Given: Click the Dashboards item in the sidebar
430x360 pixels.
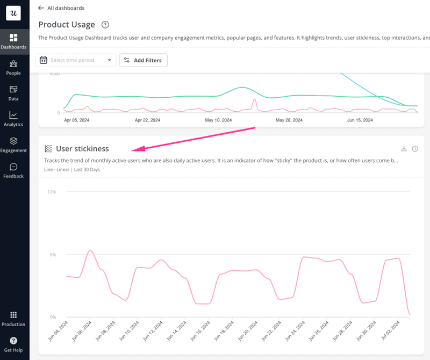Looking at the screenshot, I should tap(13, 41).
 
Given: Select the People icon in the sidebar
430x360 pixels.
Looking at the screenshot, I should tap(13, 67).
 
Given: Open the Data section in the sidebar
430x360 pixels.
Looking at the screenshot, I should tap(13, 93).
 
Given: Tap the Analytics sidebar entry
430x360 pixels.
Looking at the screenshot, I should tap(13, 119).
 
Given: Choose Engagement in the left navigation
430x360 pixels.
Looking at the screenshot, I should tap(13, 145).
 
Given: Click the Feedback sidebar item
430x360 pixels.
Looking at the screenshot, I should tap(13, 170).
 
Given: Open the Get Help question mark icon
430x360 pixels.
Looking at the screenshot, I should tap(13, 341).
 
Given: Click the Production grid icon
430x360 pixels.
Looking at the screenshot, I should tap(13, 315).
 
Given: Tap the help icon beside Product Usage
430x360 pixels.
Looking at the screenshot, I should tap(105, 25).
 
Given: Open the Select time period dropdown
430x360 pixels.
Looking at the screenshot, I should tap(76, 60).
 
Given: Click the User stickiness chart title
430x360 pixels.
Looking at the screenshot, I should tap(82, 148).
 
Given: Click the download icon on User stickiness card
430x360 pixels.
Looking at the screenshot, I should tap(404, 149).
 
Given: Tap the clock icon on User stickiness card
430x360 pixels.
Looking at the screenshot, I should tap(415, 149).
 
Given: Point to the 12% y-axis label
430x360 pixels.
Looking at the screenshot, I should tap(52, 192).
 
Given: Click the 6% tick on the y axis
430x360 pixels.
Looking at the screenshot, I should tap(53, 254).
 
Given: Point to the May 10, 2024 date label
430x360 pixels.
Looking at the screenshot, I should tap(219, 120).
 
